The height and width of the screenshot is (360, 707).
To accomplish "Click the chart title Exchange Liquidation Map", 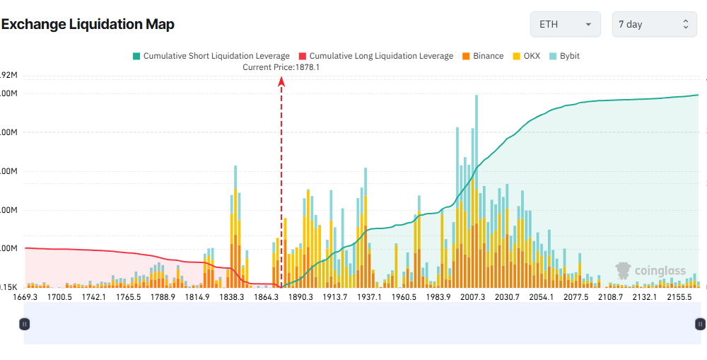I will [x=88, y=24].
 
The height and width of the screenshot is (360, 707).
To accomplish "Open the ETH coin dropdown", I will [x=565, y=24].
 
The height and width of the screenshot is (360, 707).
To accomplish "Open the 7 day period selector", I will [x=653, y=24].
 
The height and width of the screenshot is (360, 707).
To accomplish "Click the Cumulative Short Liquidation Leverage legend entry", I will [x=211, y=56].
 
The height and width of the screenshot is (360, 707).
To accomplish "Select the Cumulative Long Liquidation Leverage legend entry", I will [x=375, y=56].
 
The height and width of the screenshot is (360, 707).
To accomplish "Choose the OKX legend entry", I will [x=526, y=56].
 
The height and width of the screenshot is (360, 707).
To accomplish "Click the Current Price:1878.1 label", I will [x=281, y=67].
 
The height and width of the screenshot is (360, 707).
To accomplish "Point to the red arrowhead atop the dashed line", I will [x=281, y=81].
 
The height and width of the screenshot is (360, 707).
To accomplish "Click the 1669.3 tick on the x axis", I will [x=25, y=297].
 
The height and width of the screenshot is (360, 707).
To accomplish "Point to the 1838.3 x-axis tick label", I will [x=232, y=297].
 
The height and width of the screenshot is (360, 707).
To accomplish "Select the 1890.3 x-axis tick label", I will [x=300, y=297].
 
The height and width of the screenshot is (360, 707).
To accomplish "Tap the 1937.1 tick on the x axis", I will [x=369, y=297].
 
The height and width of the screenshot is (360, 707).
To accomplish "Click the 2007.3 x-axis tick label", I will [x=472, y=297].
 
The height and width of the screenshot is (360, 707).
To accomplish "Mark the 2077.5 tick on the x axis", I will [x=575, y=297].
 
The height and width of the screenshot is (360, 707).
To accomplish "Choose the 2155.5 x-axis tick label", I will [x=679, y=297].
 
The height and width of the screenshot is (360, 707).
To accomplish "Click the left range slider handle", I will [x=25, y=324].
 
